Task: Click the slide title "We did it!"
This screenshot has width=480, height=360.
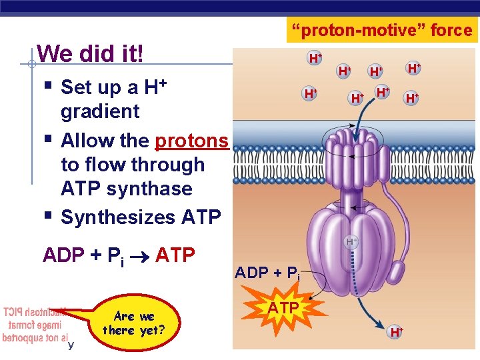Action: pyautogui.click(x=91, y=53)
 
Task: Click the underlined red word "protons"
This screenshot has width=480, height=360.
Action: pyautogui.click(x=191, y=141)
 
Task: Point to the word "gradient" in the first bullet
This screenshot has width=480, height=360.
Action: pyautogui.click(x=100, y=111)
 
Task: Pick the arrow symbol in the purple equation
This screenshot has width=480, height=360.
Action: pyautogui.click(x=141, y=255)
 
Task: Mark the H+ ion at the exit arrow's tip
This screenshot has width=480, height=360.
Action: pyautogui.click(x=396, y=332)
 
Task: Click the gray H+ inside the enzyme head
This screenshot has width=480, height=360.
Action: pyautogui.click(x=351, y=241)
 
